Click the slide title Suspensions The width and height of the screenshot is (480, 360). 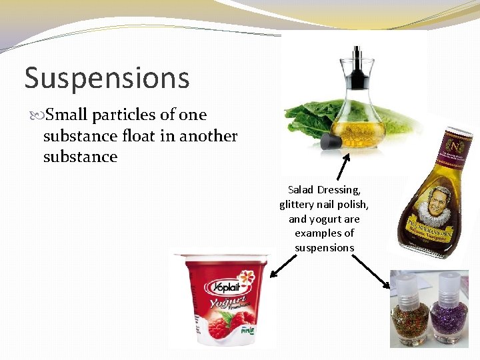point(107,78)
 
